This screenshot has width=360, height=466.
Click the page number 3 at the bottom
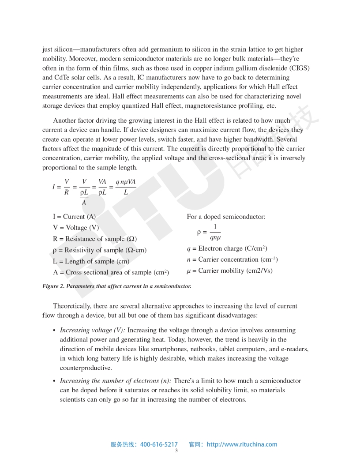176,451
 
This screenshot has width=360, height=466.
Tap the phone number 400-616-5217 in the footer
159,444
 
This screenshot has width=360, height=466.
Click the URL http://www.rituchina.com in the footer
242,444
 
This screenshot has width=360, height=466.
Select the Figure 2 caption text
116,286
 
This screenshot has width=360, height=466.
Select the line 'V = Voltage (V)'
75,228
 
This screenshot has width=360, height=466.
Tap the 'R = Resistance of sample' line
94,239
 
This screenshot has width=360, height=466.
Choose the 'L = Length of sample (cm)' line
91,261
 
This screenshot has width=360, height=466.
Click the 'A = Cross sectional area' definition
111,272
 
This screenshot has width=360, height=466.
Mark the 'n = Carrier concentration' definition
232,259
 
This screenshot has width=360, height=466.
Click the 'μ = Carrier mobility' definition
229,271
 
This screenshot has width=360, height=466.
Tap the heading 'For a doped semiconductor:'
226,217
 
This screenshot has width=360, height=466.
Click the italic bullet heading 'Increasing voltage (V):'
93,330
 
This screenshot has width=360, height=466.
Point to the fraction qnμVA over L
126,187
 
